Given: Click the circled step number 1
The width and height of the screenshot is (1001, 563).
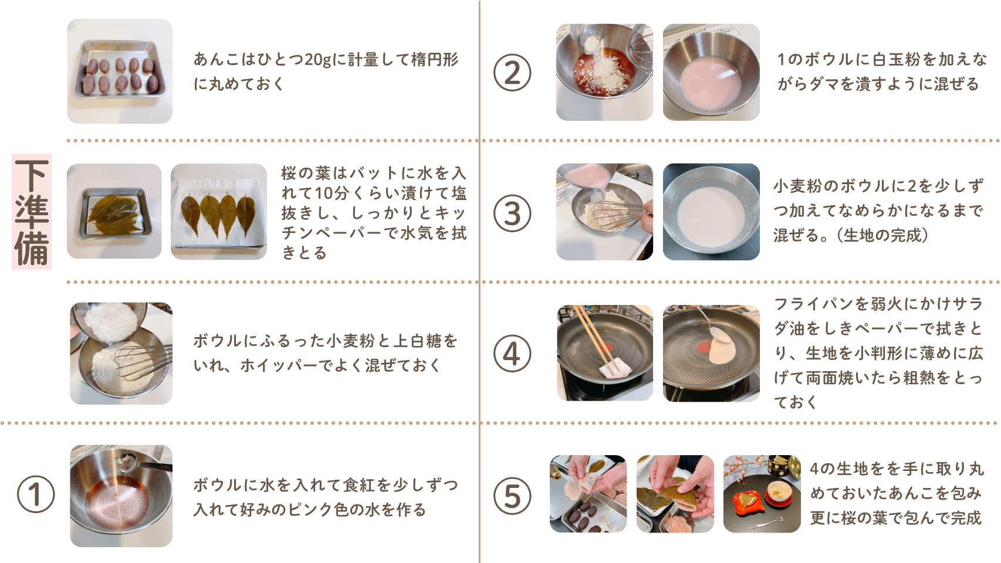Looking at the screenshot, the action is tap(36, 494).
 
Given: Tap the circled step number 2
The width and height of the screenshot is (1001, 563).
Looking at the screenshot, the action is tap(512, 73).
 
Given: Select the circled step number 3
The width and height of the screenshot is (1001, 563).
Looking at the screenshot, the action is tap(512, 213).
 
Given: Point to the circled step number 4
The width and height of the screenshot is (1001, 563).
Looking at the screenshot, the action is tap(512, 354).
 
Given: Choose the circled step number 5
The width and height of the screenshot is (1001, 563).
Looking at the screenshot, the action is tap(512, 496).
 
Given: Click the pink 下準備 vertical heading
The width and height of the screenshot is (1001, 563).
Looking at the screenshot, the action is tap(32, 212).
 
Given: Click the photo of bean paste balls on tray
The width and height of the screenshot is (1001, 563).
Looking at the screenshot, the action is tap(120, 71).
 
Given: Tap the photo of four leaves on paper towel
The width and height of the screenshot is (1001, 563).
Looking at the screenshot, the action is tap(219, 211).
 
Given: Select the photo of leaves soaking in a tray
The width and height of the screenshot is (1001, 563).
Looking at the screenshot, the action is tap(114, 211).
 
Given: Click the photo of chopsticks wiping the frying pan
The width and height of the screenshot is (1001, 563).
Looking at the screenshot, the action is tap(604, 352).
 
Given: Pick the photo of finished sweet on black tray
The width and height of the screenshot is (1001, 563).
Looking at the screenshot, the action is tap(762, 494).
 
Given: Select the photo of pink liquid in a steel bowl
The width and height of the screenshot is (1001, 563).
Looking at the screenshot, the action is tap(711, 72).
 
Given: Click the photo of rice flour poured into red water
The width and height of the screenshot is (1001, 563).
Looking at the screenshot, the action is tap(604, 72).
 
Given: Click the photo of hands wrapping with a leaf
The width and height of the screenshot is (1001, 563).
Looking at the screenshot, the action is tap(675, 494).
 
